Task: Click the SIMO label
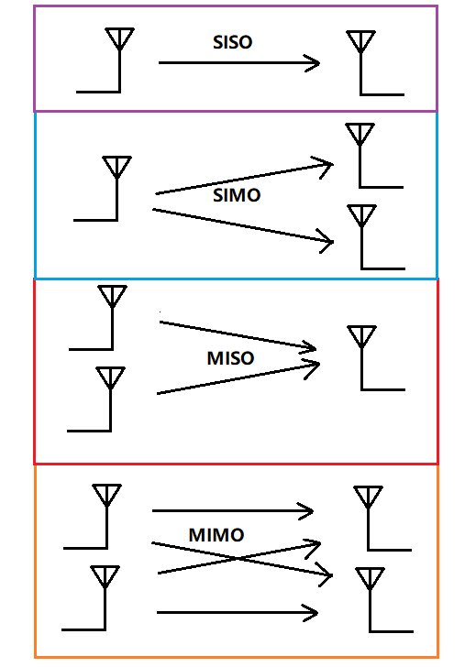[x=237, y=195]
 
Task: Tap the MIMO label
[x=216, y=534]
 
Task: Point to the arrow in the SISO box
[x=238, y=63]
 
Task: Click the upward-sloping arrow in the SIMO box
[x=243, y=179]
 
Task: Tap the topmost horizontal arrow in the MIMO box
[x=233, y=510]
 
